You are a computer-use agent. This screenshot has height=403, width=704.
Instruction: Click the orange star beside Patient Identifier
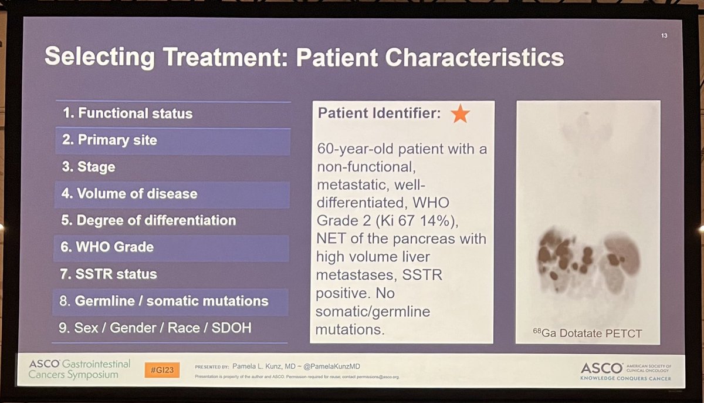click(460, 113)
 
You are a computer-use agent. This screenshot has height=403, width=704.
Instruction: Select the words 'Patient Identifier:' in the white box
click(379, 113)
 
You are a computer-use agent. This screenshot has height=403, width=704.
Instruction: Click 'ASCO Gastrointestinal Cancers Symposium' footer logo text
click(79, 369)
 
